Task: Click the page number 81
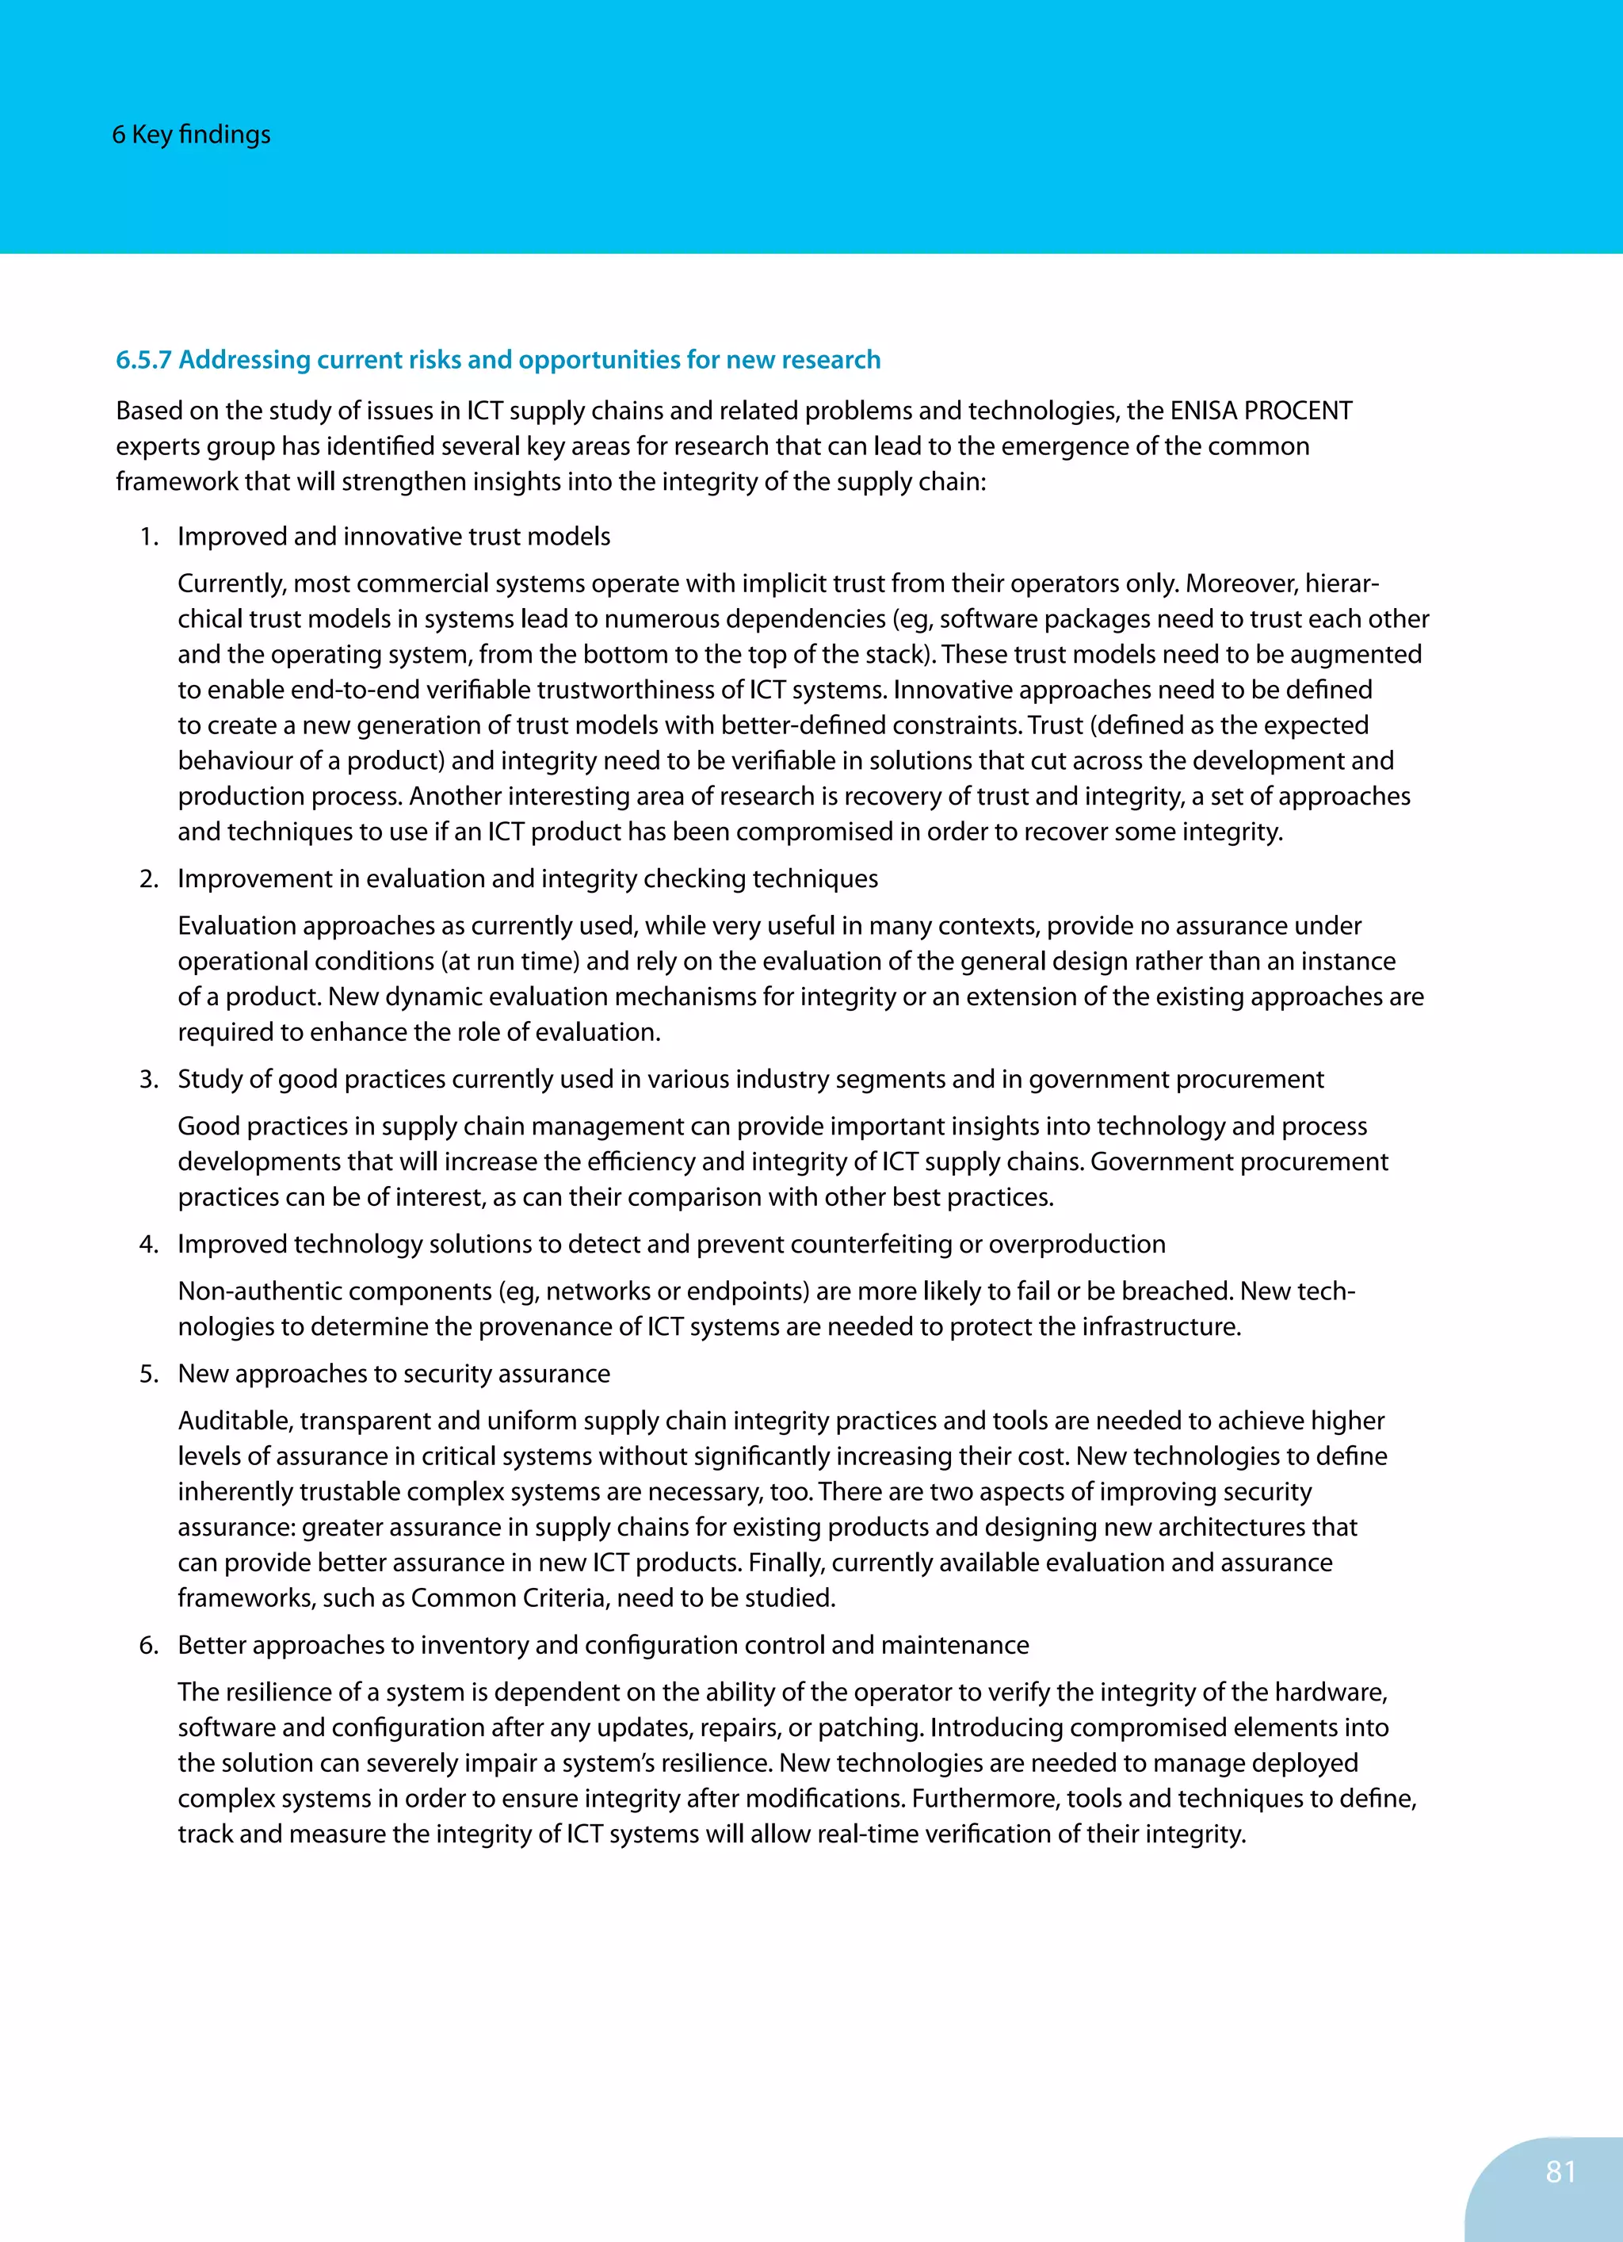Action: (x=1560, y=2171)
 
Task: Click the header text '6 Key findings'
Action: (x=191, y=135)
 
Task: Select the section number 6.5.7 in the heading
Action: (x=143, y=360)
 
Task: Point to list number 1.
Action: (x=148, y=537)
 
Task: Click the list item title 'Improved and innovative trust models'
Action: (x=393, y=537)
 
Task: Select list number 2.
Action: (x=148, y=879)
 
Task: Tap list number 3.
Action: (x=148, y=1080)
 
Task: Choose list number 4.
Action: (x=148, y=1245)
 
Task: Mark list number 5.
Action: (x=148, y=1374)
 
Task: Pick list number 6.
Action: (x=148, y=1646)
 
